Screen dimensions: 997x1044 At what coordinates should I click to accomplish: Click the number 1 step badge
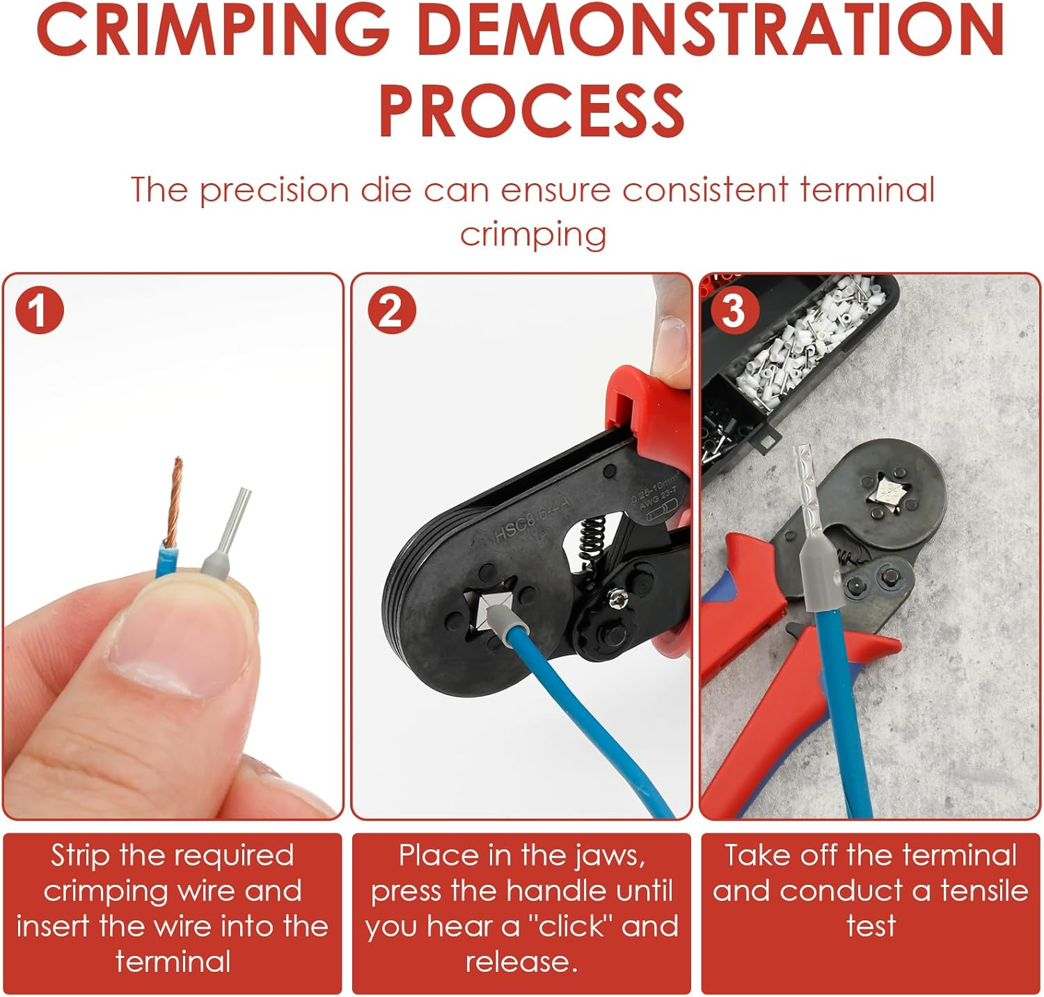coord(39,311)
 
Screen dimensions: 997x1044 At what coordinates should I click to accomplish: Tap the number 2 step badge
coord(391,311)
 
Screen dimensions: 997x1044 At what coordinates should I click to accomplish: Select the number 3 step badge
coord(732,311)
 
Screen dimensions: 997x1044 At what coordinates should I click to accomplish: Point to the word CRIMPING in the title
coord(213,31)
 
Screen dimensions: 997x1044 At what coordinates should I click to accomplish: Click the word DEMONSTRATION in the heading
coord(710,31)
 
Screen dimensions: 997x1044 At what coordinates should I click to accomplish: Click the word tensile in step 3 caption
coord(983,891)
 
